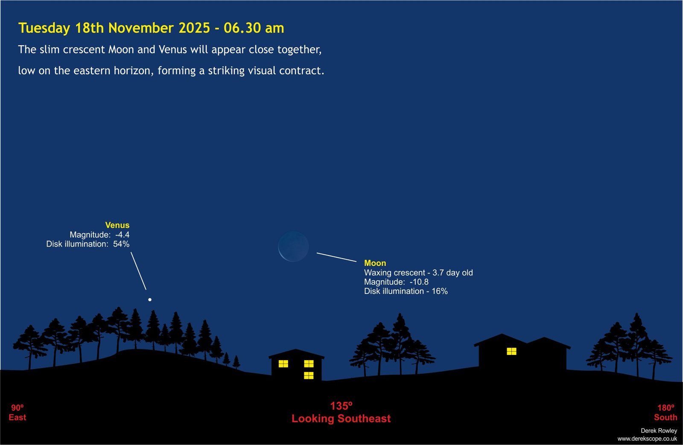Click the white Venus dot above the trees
point(150,300)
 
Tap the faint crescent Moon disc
point(293,246)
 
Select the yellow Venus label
point(117,225)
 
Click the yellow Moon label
point(375,263)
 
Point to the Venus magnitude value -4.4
point(123,235)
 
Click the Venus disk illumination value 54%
point(121,244)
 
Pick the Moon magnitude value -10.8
point(419,282)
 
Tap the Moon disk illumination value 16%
point(440,291)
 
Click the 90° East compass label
point(18,413)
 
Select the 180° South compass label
point(665,413)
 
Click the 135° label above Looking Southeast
point(341,406)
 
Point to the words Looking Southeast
point(341,419)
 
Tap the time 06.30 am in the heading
point(254,28)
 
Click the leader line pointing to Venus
point(138,271)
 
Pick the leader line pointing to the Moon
point(337,257)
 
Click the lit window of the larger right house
point(512,352)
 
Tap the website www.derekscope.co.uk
point(647,439)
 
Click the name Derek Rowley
point(659,430)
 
